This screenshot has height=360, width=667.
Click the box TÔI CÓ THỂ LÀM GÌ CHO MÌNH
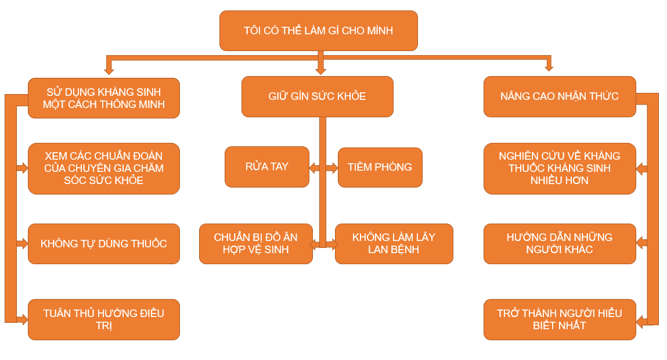pos(318,30)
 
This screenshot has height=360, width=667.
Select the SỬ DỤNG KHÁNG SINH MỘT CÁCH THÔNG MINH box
pos(104,98)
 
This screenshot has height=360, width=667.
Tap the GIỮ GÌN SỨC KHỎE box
pos(317,96)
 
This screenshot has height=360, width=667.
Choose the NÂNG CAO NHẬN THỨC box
pos(560,96)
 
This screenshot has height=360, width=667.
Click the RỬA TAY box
pos(266,167)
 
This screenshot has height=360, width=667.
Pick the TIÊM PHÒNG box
pos(380,167)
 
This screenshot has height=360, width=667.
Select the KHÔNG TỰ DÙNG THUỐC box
pos(104,244)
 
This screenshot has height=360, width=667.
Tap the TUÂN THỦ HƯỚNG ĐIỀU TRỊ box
pos(104,319)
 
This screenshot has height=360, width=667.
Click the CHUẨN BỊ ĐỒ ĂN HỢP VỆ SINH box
pos(255,244)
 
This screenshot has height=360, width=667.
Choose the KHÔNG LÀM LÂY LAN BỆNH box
pos(394,244)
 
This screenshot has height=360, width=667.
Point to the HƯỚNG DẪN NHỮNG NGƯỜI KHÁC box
pos(560,244)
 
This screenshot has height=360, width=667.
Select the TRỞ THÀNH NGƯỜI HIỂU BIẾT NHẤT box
pos(560,319)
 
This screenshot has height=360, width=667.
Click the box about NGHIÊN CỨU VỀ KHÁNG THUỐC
pos(560,168)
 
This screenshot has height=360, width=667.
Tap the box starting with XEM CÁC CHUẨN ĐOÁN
pos(104,168)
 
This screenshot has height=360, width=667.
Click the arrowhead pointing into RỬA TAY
pos(313,168)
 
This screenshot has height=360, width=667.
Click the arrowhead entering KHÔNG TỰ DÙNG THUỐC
pos(24,244)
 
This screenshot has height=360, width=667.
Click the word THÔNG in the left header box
pos(123,105)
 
